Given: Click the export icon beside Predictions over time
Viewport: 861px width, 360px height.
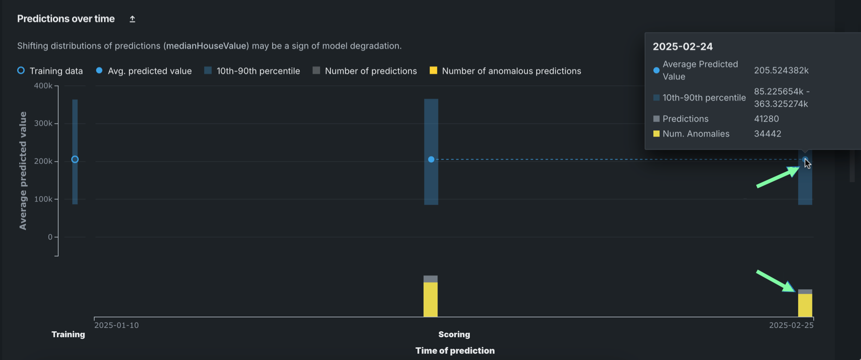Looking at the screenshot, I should (132, 19).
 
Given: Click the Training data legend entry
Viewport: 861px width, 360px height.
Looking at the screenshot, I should (50, 71).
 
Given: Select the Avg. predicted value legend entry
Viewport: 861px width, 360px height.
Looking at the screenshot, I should (143, 71).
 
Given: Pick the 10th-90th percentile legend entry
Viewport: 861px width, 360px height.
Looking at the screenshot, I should (252, 71).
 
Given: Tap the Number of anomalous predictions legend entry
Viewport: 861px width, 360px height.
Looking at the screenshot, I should (505, 71).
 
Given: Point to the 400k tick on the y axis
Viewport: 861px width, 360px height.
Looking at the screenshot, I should (43, 86).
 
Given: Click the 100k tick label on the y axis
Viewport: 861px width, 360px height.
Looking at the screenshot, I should (43, 199).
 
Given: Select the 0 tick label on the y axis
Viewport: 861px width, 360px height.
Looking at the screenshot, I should (50, 237).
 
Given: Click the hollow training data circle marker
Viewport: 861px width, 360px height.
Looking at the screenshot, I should (75, 160).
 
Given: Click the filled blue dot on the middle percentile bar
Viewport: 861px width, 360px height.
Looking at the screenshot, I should (431, 160).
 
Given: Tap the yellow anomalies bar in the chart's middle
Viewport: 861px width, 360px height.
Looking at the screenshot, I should (430, 299).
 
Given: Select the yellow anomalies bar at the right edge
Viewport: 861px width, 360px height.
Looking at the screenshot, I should (805, 305).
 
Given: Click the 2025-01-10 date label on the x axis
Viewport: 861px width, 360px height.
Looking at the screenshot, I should (116, 325).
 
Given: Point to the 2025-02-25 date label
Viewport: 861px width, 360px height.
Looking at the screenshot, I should (791, 325).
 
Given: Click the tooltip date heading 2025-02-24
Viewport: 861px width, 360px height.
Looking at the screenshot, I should (682, 47).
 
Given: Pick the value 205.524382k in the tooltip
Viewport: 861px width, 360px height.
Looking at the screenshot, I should (781, 70).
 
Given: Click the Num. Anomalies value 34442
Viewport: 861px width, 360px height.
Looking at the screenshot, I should (767, 134).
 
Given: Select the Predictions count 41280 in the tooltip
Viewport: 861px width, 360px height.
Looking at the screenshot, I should (766, 119).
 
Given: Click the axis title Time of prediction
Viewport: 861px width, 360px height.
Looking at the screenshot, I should (455, 350).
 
